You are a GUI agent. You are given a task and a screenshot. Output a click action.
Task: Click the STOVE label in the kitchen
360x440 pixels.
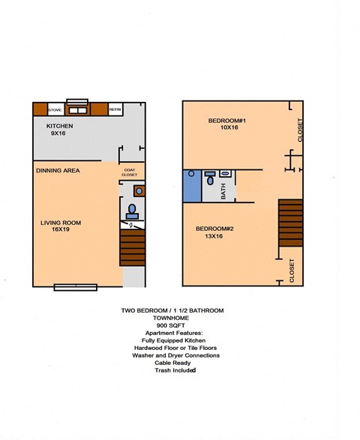point(55,109)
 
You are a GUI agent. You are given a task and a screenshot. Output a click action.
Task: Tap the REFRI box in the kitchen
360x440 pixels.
point(115,109)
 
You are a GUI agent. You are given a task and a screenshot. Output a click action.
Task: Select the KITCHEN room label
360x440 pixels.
point(59,126)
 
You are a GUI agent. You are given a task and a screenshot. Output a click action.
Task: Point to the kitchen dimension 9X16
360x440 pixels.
point(59,133)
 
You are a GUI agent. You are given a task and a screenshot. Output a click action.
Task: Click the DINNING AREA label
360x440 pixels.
point(58,171)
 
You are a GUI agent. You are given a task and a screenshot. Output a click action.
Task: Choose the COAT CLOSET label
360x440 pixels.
point(130,172)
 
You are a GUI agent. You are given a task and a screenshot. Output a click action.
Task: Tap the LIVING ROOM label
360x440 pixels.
point(61,223)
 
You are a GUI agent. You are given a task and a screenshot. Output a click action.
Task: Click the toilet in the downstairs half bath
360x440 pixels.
point(132,209)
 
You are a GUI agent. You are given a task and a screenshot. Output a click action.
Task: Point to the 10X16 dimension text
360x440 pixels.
point(229,127)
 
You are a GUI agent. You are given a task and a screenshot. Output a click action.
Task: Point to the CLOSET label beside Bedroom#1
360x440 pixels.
point(300,130)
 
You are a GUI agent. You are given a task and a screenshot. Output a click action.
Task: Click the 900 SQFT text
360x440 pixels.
point(172,325)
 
